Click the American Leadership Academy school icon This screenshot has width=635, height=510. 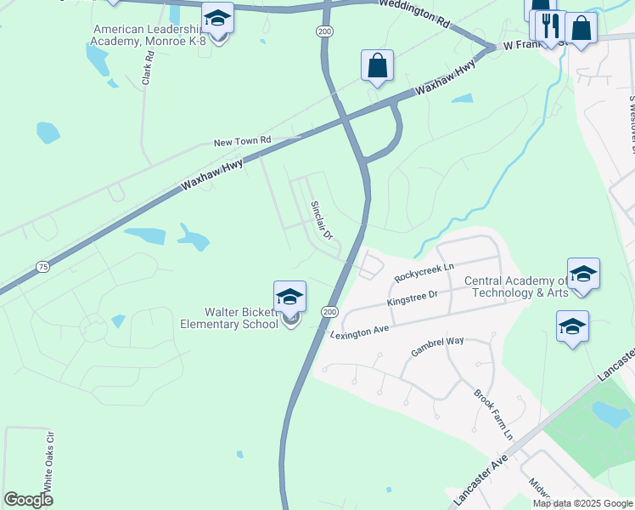coord(218,19)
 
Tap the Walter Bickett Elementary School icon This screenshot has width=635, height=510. coord(289,297)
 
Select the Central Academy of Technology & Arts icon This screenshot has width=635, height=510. coord(583,275)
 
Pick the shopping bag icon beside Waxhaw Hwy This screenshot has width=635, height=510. coord(377,66)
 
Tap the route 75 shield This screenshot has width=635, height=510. coord(42,267)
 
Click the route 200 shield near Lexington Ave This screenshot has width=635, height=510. coord(329,313)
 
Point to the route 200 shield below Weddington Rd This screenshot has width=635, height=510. coord(323,31)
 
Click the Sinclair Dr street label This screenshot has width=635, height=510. coord(320,219)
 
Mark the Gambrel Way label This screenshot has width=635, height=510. coord(437,347)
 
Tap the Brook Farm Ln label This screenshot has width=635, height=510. coord(493,414)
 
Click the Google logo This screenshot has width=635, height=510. coord(28,499)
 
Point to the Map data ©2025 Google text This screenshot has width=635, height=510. coord(582,503)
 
